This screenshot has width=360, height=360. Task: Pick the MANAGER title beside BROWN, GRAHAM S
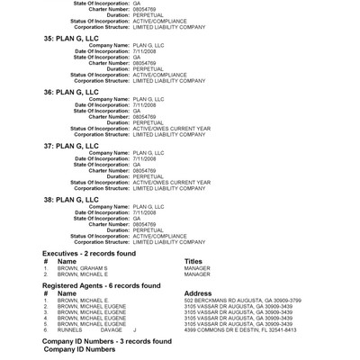click(197, 268)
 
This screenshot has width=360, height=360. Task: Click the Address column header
click(198, 292)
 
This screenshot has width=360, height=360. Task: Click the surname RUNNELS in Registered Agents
click(70, 330)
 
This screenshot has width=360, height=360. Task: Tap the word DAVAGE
click(112, 330)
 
